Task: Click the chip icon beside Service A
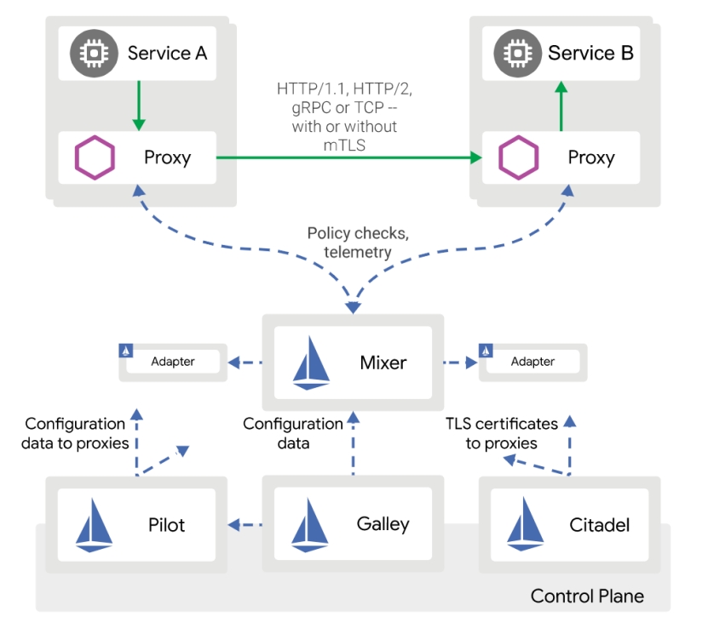click(x=89, y=53)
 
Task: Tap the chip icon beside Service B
click(x=513, y=53)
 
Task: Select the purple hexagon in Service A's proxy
click(x=90, y=158)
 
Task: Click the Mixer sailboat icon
click(x=312, y=363)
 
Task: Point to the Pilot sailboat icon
click(x=94, y=525)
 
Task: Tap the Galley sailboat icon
click(x=309, y=524)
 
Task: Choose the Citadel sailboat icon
click(x=525, y=525)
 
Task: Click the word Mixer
click(x=383, y=363)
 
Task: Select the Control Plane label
click(x=587, y=596)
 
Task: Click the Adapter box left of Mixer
click(x=173, y=362)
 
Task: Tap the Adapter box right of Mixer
click(x=532, y=362)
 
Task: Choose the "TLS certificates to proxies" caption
click(x=502, y=432)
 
